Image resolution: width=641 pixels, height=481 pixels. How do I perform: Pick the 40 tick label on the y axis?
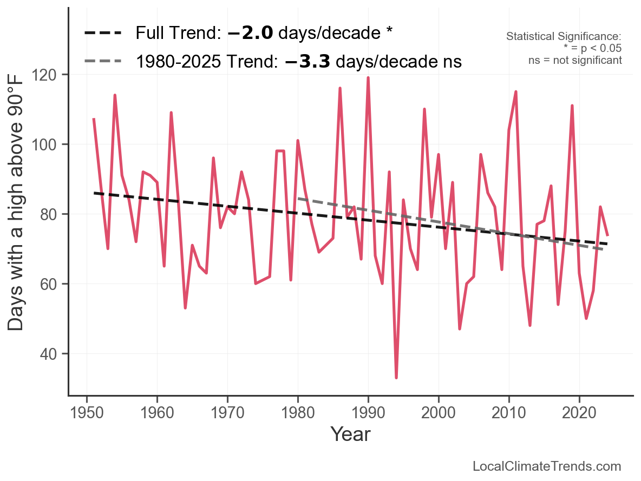click(54, 354)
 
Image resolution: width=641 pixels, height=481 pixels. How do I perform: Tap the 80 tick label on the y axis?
click(54, 214)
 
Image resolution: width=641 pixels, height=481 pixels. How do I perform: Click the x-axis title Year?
click(350, 433)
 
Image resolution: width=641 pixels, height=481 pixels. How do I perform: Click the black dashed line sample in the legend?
click(103, 34)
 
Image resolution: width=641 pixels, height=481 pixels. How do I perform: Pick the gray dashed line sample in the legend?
click(103, 62)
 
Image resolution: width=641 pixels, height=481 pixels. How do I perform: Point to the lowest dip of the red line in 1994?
click(396, 377)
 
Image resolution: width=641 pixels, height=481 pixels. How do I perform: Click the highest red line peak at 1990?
click(368, 78)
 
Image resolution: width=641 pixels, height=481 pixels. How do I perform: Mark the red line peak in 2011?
click(516, 92)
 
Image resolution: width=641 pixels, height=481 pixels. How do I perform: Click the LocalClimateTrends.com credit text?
click(547, 466)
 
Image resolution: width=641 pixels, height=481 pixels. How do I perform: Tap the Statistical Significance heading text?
click(564, 37)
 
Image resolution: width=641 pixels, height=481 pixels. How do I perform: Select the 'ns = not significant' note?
click(575, 60)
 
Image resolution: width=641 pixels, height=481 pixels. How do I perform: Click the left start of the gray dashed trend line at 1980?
click(299, 199)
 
